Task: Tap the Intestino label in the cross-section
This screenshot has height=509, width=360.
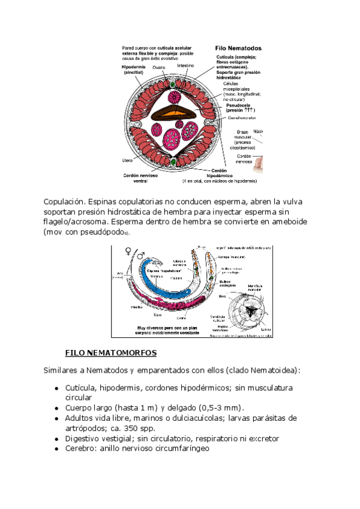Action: point(187,65)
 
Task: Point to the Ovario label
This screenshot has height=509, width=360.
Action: point(158,68)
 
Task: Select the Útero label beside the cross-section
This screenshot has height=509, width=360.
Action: point(127,160)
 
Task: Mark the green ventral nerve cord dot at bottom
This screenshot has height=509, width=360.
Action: point(174,161)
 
